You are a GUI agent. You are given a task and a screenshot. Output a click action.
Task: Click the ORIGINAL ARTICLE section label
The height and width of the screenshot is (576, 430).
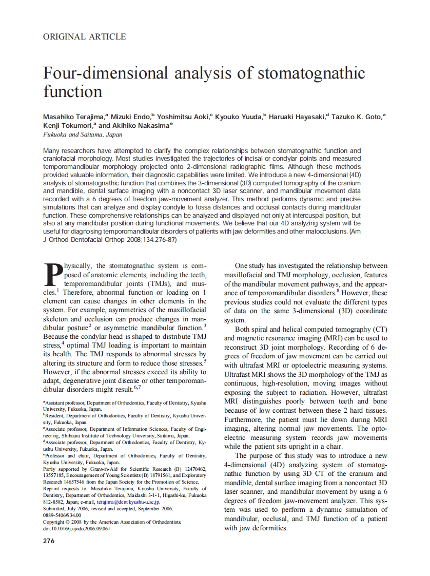(x=85, y=36)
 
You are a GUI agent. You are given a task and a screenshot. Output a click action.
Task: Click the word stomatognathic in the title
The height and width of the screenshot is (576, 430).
(x=310, y=73)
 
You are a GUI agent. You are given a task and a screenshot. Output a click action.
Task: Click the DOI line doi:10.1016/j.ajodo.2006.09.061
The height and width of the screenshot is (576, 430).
(x=76, y=529)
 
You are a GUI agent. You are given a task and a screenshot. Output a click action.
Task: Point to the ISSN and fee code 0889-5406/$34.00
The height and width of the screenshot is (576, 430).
(x=62, y=515)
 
